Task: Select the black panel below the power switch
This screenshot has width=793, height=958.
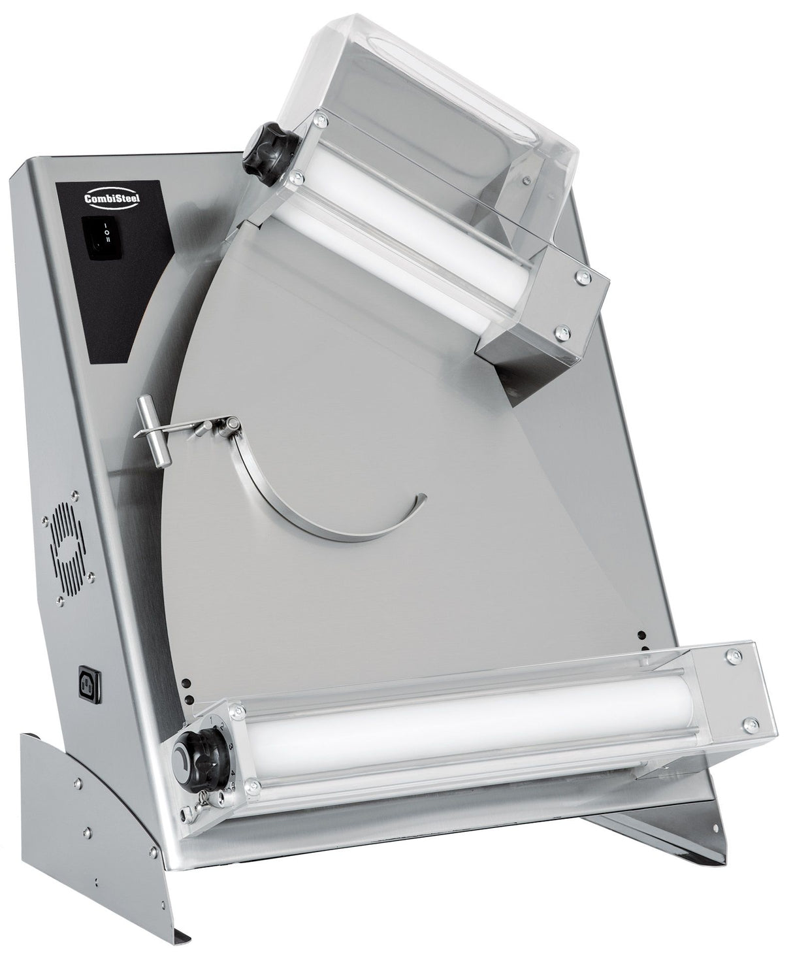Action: coord(111,307)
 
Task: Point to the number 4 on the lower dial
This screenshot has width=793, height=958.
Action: coord(233,773)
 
